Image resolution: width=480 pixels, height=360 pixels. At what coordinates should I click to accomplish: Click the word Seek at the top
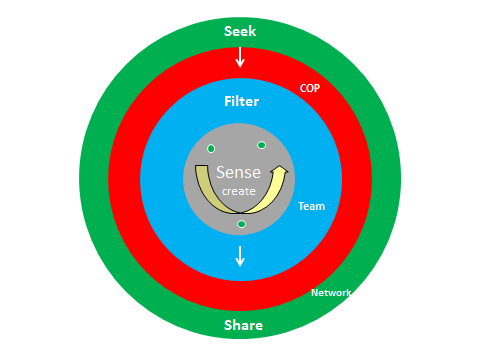point(240,30)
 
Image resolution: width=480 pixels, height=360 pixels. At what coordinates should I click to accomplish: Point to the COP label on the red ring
point(310,88)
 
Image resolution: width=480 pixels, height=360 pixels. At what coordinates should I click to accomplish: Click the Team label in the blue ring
point(311,206)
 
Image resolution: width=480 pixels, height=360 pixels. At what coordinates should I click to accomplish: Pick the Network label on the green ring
point(331,293)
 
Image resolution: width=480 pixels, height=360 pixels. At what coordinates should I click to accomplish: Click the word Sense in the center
point(239,172)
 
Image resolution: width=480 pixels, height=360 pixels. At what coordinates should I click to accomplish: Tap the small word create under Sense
point(238,190)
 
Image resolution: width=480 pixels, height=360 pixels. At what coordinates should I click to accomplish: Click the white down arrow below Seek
point(240,57)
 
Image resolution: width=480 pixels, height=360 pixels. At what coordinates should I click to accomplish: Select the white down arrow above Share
point(240,256)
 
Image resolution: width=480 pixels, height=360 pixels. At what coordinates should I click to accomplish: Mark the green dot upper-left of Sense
point(211,149)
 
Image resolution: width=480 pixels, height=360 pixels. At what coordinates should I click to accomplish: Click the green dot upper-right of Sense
point(261,145)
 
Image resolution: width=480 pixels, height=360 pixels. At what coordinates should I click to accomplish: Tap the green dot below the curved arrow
point(241,224)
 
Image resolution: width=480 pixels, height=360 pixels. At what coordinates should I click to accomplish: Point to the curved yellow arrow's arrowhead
point(281,172)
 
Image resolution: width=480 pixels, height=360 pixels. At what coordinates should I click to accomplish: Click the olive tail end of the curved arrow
point(200,169)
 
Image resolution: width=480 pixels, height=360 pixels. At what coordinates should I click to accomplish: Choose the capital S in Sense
point(222,172)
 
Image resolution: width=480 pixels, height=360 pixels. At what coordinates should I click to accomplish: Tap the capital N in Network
point(315,293)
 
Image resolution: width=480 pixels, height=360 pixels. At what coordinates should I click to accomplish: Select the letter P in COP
point(317,88)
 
